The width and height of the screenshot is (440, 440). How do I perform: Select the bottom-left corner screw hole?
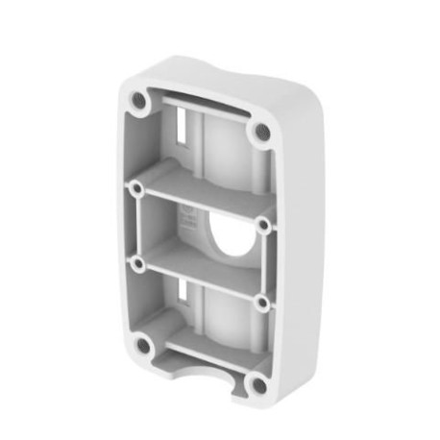click(142, 344)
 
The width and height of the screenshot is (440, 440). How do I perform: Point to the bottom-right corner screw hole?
click(257, 386)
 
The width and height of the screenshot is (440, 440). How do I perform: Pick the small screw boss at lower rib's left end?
click(139, 261)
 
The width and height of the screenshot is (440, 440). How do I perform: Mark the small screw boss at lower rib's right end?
click(260, 303)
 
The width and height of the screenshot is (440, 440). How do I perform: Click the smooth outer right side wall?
click(298, 240)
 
